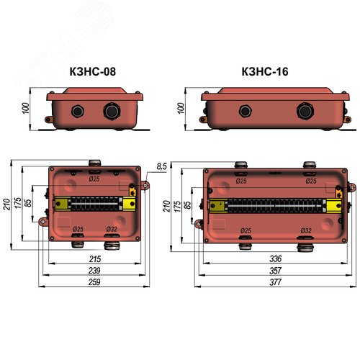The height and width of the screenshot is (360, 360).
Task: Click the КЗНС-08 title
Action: click(93, 71)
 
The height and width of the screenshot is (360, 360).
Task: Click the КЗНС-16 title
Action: click(265, 71)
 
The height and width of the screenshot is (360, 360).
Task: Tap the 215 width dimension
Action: click(95, 259)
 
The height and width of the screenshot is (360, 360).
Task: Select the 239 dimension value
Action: click(94, 271)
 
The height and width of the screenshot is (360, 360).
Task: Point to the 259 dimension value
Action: click(94, 282)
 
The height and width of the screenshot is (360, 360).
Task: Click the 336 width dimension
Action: click(275, 258)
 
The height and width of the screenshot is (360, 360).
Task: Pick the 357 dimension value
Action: click(275, 271)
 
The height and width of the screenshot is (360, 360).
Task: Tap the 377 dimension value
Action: click(275, 282)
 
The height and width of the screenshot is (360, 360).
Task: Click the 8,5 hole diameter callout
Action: click(161, 166)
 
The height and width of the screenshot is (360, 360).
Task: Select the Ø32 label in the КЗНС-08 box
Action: click(112, 229)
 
